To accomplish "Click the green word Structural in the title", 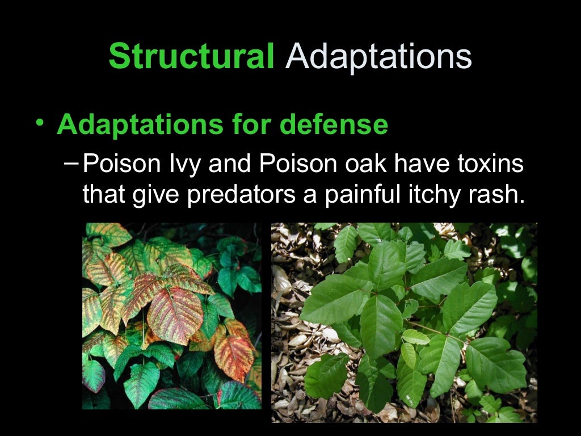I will tap(191, 56).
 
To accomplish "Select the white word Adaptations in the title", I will tap(378, 56).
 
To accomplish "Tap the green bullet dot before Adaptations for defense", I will tap(38, 122).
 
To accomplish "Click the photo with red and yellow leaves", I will tap(172, 316).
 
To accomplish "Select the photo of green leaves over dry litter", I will tap(404, 322).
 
